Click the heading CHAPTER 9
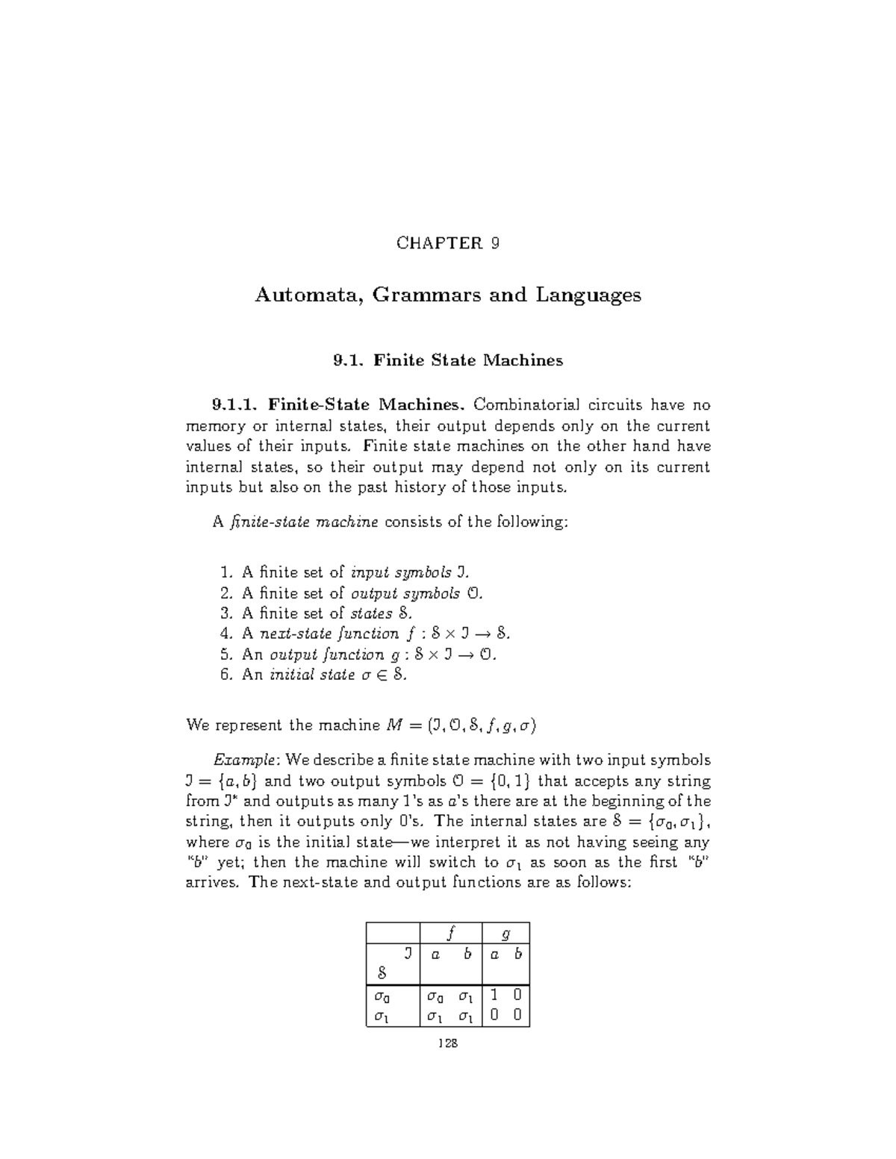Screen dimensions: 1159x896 [x=447, y=243]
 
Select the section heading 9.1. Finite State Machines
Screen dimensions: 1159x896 [x=447, y=360]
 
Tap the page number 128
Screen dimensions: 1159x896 [x=447, y=1043]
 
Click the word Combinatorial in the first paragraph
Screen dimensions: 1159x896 [x=526, y=405]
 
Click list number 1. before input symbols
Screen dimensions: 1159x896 [x=227, y=572]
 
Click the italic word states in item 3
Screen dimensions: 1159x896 [x=371, y=613]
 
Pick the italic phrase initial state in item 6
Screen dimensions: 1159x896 [x=311, y=675]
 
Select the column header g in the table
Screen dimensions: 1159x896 [x=506, y=933]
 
